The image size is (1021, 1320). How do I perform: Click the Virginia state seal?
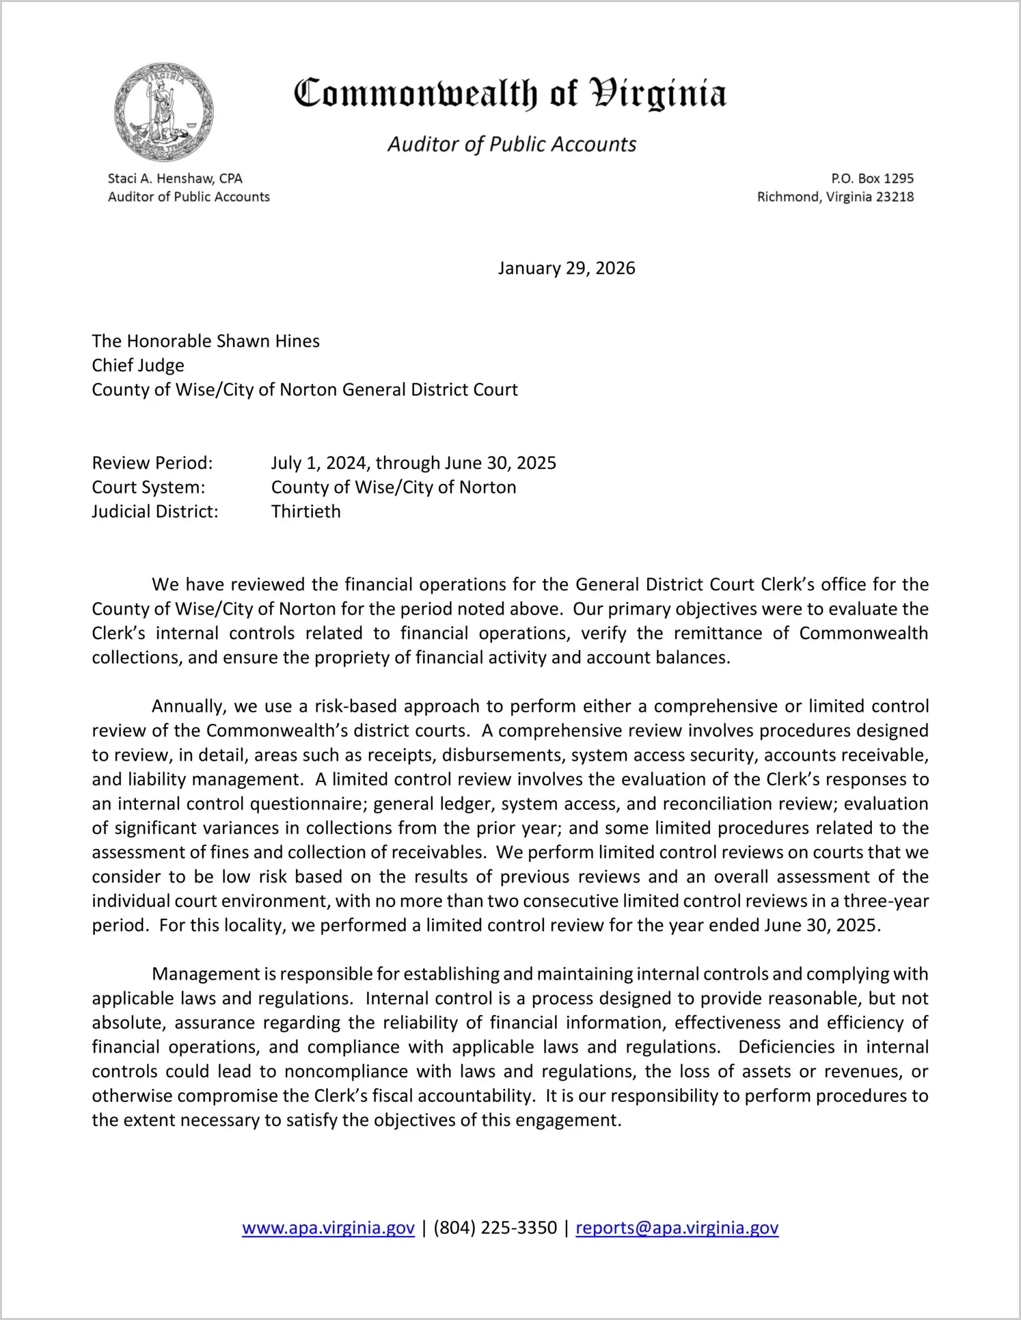point(164,112)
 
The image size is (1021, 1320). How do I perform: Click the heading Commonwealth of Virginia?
point(510,94)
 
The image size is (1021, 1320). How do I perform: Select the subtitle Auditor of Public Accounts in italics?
point(512,144)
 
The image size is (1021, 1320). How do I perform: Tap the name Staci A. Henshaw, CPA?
point(175,178)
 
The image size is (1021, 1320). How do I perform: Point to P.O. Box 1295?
point(872,178)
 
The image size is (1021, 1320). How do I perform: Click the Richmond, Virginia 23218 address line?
point(835,197)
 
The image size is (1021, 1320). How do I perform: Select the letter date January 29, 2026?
point(567,268)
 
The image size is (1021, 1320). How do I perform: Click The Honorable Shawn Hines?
point(206,341)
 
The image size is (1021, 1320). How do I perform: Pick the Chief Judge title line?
point(138,365)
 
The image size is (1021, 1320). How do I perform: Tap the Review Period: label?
point(152,463)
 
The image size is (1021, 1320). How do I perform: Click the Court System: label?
point(148,487)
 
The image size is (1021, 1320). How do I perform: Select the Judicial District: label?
point(155,511)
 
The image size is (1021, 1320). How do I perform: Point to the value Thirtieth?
point(305,511)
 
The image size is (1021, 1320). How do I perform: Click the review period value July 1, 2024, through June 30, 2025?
point(413,463)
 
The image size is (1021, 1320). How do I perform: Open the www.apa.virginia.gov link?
point(328,1228)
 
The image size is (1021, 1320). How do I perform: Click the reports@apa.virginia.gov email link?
point(677,1228)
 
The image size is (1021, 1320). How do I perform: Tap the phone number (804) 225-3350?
point(495,1228)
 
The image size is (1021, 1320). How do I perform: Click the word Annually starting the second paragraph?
point(187,706)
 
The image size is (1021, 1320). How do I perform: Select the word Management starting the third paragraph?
point(206,974)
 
